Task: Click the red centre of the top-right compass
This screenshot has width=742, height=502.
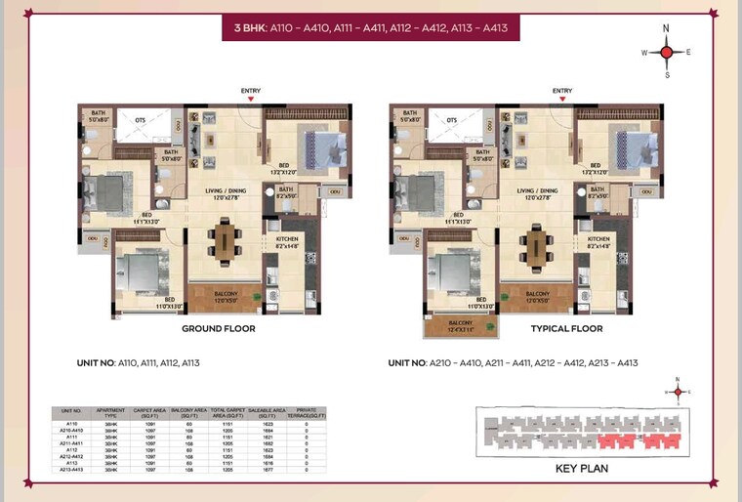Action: (666, 52)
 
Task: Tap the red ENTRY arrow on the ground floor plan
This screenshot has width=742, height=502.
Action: (251, 99)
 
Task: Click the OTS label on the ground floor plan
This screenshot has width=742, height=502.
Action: (141, 120)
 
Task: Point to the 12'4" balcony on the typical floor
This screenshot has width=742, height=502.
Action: (460, 325)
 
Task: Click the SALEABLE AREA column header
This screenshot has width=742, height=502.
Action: (266, 413)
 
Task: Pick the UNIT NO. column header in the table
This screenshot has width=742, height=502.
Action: (71, 411)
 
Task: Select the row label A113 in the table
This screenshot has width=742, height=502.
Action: (71, 463)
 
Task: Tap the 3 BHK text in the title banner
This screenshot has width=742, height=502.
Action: (251, 29)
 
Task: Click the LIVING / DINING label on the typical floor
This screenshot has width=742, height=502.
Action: (537, 191)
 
